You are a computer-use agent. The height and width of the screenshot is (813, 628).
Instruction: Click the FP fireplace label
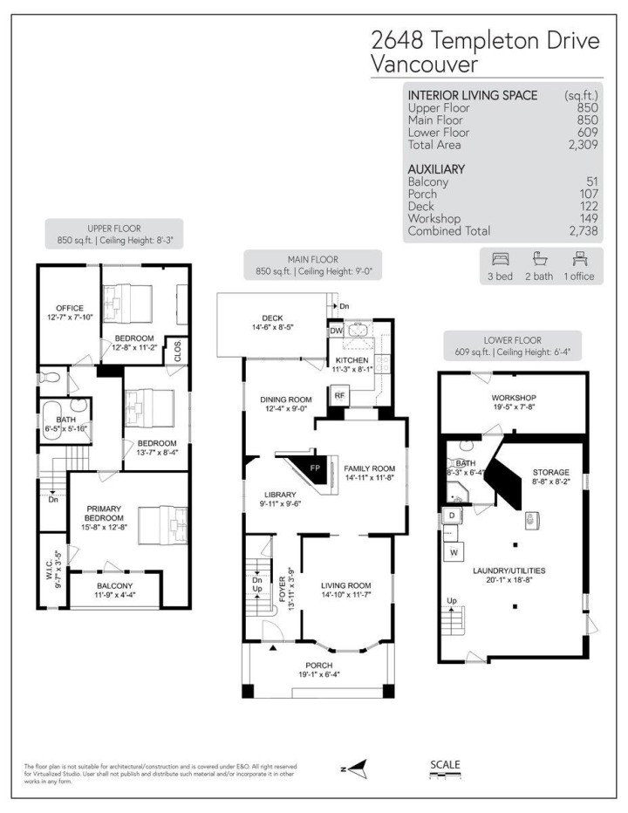click(316, 468)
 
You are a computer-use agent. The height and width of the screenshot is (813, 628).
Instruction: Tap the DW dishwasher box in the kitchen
click(336, 331)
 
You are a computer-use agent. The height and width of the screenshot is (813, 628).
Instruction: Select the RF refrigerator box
click(339, 395)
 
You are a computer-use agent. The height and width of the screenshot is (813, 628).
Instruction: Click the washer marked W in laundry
click(454, 552)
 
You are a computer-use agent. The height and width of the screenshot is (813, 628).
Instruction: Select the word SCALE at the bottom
click(445, 766)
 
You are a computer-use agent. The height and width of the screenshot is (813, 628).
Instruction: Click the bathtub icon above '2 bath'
click(539, 259)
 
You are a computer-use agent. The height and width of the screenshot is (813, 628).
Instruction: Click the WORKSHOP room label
click(513, 397)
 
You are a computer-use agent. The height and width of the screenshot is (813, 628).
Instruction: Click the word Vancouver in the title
click(424, 64)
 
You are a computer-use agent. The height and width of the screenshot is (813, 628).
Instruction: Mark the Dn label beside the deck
click(344, 306)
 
